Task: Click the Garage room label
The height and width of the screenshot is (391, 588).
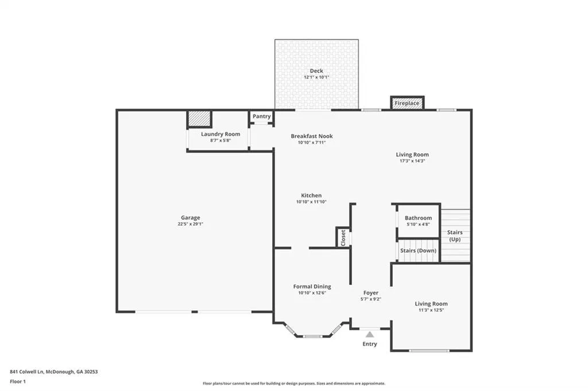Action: coord(191,218)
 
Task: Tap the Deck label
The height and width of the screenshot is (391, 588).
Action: coord(316,71)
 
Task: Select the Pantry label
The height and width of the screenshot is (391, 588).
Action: coord(261,116)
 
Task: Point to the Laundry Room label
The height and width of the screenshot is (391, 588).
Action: coord(220,134)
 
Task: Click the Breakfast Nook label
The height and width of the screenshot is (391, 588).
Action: coord(312,136)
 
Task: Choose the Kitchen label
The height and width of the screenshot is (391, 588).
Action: coord(311,195)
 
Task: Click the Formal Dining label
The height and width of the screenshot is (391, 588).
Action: coord(312,287)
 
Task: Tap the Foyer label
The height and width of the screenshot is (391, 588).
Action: coord(371,293)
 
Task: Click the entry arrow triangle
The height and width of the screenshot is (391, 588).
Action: coord(370,334)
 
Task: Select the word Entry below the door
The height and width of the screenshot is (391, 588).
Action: coord(370,344)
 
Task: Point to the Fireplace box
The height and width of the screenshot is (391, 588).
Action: coord(407,103)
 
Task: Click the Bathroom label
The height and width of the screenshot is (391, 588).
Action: coord(418,218)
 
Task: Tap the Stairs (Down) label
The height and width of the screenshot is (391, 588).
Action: coord(418,250)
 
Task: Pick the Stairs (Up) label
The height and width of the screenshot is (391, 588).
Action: coord(455,236)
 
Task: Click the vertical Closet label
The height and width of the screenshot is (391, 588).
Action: coord(343,238)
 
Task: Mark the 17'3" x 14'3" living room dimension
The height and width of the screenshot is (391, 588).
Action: coord(412,161)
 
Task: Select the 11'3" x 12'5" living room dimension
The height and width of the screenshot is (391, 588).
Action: coord(431,310)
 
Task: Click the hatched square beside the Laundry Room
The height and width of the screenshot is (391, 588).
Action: coord(199,119)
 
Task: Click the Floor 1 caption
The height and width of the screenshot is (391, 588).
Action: coord(18,382)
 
